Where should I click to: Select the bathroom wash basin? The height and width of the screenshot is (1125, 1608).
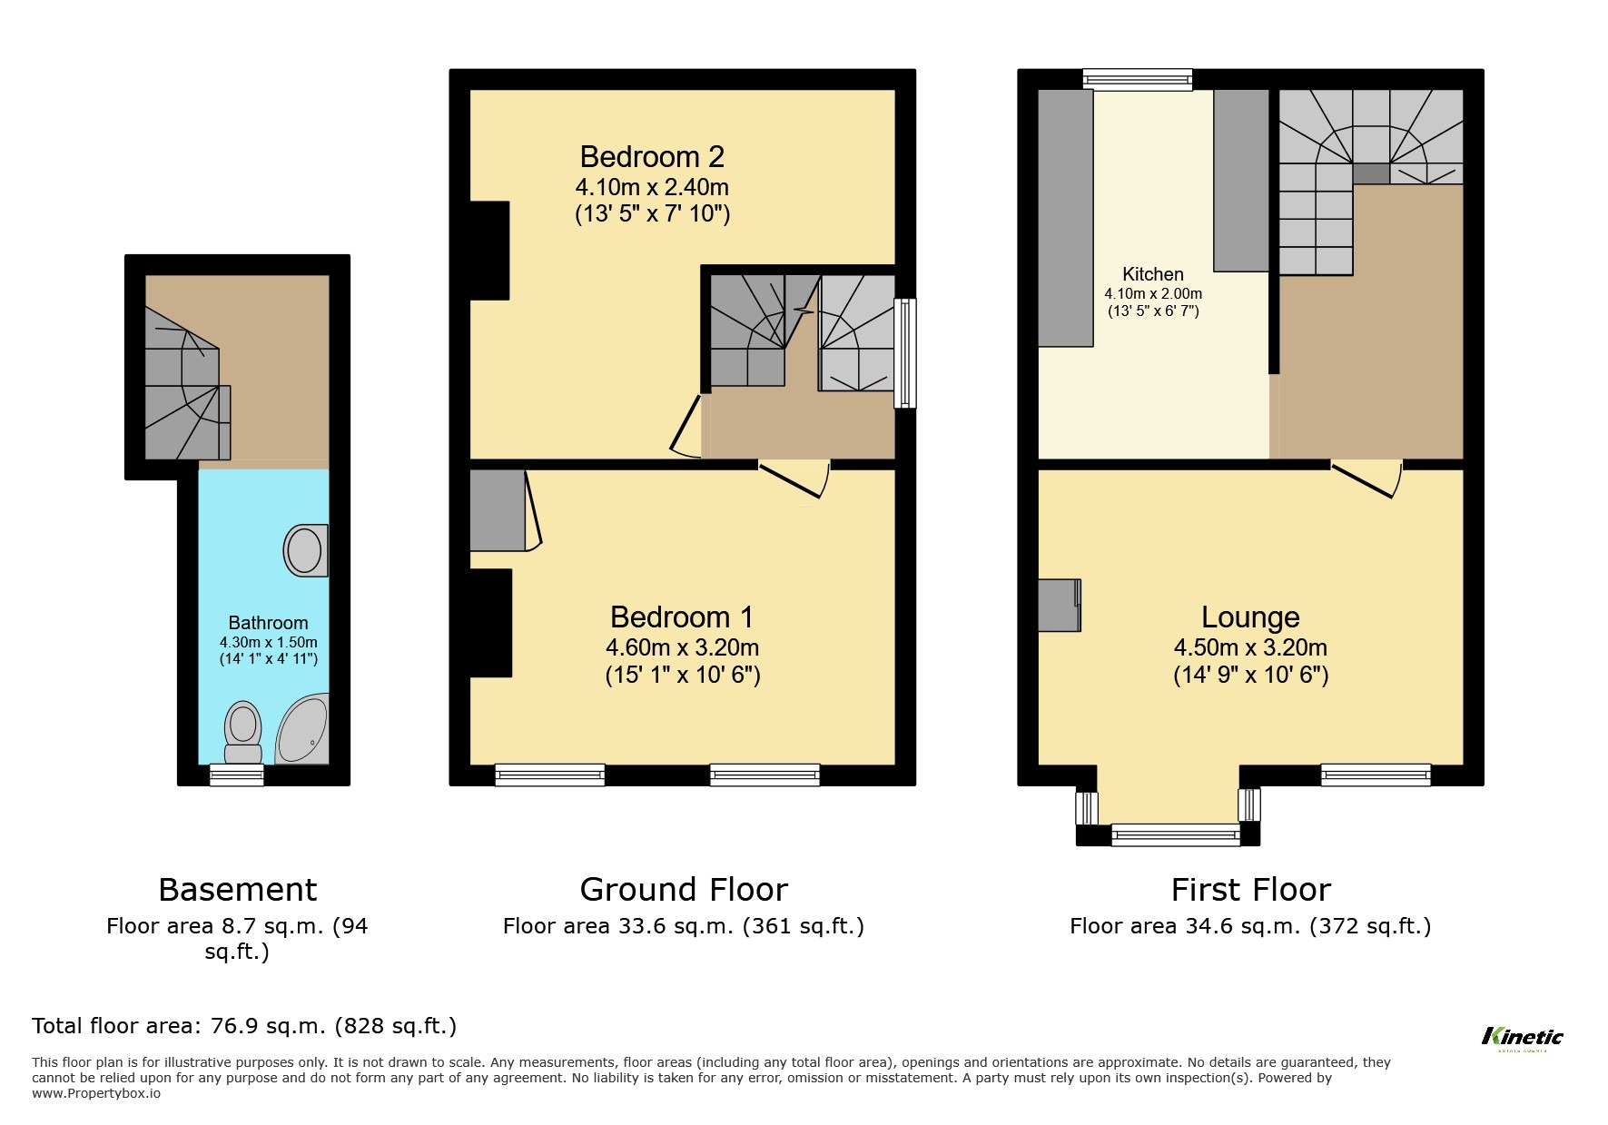[x=305, y=550]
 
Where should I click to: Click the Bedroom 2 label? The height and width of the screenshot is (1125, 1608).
[x=652, y=157]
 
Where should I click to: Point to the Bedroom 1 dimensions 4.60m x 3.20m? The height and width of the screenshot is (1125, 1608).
[x=682, y=647]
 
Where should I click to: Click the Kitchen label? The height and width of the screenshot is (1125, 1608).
[x=1152, y=274]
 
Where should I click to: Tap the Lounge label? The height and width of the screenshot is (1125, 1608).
[x=1250, y=617]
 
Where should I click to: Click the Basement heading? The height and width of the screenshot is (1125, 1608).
[x=237, y=889]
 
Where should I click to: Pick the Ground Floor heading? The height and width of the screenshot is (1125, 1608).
[x=683, y=889]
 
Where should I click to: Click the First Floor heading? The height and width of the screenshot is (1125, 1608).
[x=1250, y=889]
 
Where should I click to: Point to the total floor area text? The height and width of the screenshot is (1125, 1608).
[x=244, y=1026]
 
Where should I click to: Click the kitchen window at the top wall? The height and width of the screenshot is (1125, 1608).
[x=1137, y=80]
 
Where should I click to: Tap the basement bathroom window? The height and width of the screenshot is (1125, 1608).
[x=236, y=775]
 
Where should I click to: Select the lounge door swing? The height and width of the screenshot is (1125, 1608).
[x=1370, y=478]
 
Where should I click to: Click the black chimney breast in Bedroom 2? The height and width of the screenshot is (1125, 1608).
[x=489, y=250]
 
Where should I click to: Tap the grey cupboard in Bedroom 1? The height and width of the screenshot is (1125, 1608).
[x=498, y=510]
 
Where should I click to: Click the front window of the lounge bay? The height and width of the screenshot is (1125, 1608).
[x=1175, y=834]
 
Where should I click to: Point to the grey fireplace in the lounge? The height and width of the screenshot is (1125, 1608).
[x=1059, y=605]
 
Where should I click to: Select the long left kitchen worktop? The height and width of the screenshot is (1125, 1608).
[x=1065, y=218]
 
